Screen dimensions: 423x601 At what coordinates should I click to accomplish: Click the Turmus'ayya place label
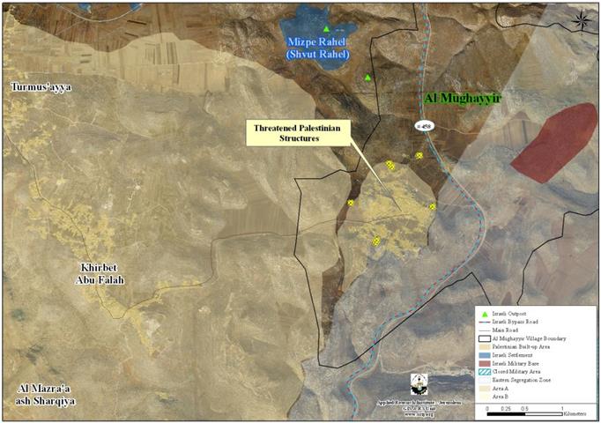tap(41, 87)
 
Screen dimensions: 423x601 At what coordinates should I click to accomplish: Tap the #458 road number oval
tap(426, 126)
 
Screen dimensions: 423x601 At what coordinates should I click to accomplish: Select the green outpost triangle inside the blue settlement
tap(326, 29)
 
